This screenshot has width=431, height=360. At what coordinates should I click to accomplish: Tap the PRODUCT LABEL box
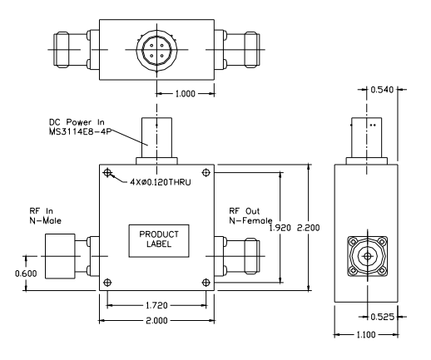point(159,238)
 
